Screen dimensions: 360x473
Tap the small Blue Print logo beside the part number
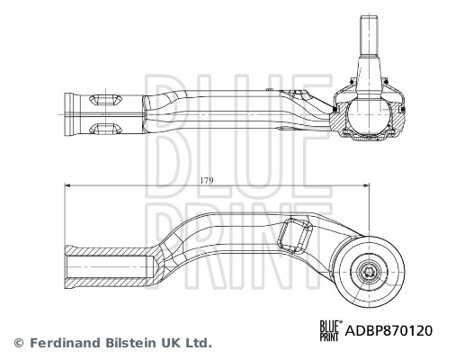click(x=331, y=330)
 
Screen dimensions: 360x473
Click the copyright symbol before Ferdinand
click(x=18, y=343)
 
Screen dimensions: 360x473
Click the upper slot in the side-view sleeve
click(x=105, y=97)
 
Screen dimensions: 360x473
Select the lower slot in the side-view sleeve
click(x=105, y=127)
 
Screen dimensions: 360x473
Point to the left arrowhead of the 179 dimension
click(x=67, y=187)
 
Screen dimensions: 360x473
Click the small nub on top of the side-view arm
click(x=268, y=90)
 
